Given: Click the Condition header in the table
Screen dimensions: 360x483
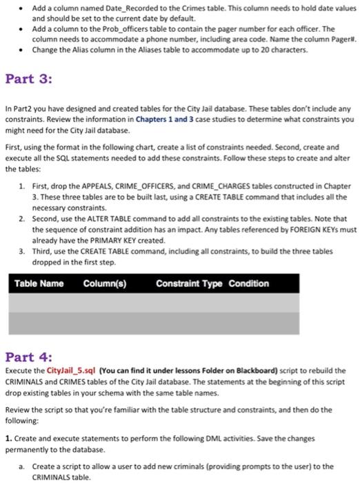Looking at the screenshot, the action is pyautogui.click(x=249, y=284).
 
